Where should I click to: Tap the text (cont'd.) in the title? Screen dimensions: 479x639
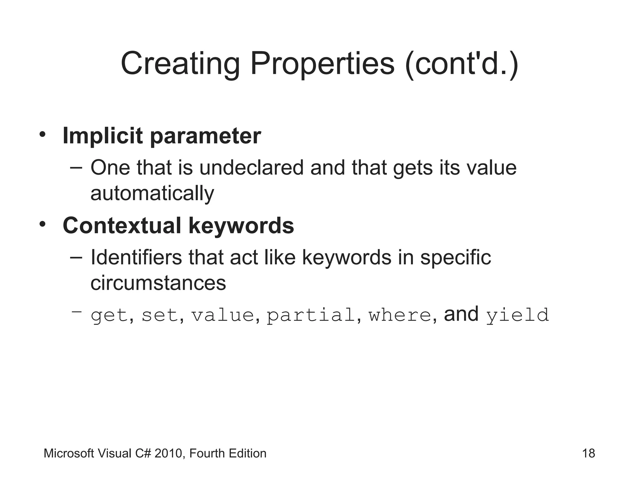461,64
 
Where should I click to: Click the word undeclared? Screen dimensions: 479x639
251,168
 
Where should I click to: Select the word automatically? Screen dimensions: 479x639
152,193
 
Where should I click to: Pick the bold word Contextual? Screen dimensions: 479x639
122,225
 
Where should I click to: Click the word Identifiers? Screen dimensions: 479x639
136,258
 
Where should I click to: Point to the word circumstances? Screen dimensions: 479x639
158,283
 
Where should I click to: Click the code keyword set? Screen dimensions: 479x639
160,315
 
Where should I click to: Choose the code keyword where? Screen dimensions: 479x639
400,315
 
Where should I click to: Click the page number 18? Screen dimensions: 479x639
588,453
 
